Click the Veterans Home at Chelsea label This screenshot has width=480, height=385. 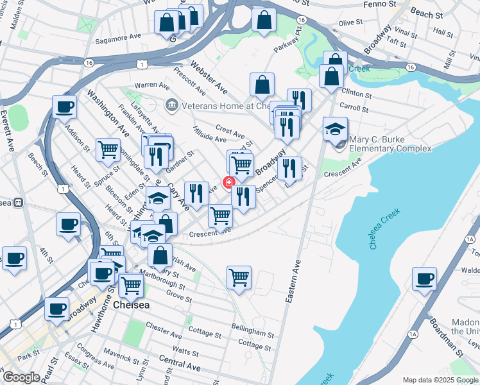(218, 106)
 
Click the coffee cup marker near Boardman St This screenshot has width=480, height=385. (424, 279)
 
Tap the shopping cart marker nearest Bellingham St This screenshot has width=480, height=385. (239, 278)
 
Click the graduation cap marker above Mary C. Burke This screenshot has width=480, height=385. (335, 129)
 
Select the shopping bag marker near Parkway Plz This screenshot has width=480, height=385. (264, 19)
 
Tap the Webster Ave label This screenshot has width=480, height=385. (209, 75)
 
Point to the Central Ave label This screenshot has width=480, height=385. (180, 364)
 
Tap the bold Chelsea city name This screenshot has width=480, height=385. (131, 305)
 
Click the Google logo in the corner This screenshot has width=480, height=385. (21, 377)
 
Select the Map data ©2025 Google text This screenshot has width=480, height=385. (440, 380)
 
